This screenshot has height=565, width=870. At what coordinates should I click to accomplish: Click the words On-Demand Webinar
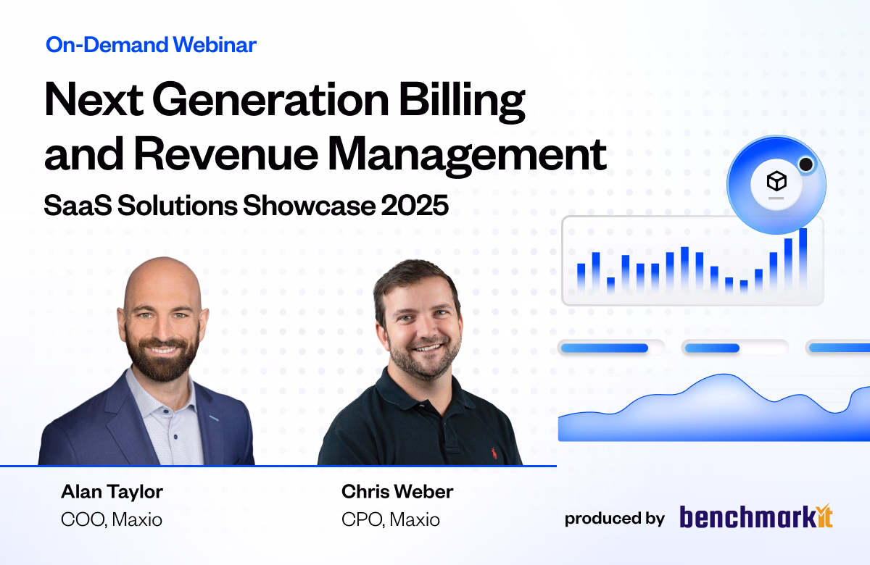pyautogui.click(x=151, y=45)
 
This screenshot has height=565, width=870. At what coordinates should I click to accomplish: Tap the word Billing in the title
pyautogui.click(x=463, y=101)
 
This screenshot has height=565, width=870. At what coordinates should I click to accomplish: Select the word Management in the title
pyautogui.click(x=467, y=156)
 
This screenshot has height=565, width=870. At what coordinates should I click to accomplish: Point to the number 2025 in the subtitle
pyautogui.click(x=415, y=205)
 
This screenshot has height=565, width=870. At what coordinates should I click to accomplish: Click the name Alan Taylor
pyautogui.click(x=112, y=492)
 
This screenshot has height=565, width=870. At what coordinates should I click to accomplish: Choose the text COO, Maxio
pyautogui.click(x=112, y=519)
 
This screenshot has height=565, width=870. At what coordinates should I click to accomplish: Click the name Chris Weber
pyautogui.click(x=397, y=492)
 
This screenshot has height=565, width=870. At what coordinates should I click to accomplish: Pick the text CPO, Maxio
pyautogui.click(x=391, y=519)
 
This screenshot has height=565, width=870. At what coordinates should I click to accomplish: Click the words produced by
pyautogui.click(x=615, y=519)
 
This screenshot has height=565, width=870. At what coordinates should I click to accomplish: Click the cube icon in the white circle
pyautogui.click(x=776, y=181)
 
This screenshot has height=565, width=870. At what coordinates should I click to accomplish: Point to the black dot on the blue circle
pyautogui.click(x=806, y=164)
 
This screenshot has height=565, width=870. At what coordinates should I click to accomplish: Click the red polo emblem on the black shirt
pyautogui.click(x=494, y=453)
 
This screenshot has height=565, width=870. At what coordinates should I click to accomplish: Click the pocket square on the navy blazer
pyautogui.click(x=213, y=419)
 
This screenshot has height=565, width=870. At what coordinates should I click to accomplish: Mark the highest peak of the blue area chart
pyautogui.click(x=724, y=374)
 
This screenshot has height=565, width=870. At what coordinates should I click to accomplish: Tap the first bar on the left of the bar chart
pyautogui.click(x=581, y=277)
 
